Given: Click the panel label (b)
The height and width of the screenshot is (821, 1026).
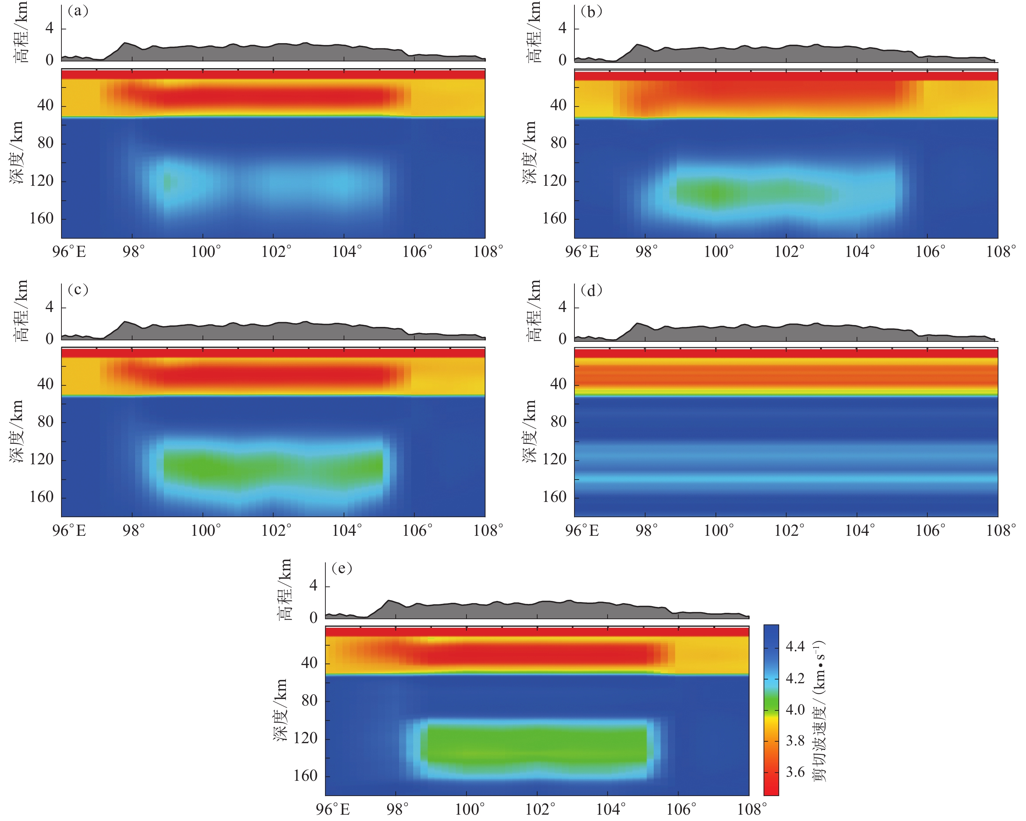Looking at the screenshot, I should [592, 12].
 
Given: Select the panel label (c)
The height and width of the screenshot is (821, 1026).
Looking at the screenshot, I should [78, 290].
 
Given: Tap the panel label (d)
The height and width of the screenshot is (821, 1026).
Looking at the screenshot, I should [592, 290].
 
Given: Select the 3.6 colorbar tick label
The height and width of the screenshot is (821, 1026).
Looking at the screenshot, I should [795, 772].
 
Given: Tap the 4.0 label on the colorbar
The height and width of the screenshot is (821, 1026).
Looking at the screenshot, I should [795, 710].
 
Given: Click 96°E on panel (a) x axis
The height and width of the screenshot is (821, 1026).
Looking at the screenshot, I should [70, 252].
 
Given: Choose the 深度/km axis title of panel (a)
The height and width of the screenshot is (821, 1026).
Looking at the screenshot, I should [17, 152].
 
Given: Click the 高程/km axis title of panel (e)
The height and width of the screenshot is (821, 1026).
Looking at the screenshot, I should [284, 590].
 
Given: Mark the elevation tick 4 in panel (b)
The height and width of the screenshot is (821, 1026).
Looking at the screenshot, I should [563, 29].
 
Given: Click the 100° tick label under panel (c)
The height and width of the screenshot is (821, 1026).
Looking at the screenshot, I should [205, 530].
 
